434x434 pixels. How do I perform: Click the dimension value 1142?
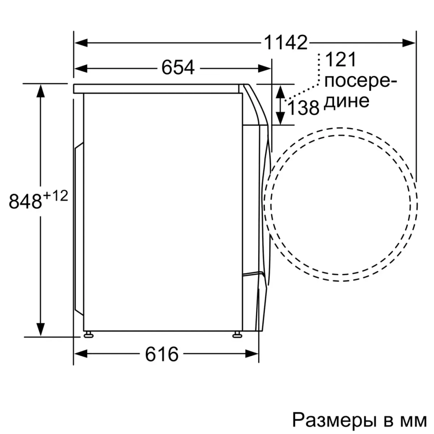[x=285, y=43]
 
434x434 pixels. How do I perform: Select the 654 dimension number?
[x=178, y=68]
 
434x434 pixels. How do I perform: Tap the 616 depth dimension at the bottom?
[x=161, y=354]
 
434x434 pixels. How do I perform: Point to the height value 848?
[x=25, y=202]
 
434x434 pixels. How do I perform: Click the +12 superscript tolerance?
[x=56, y=196]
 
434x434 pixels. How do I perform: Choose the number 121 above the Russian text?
[x=340, y=59]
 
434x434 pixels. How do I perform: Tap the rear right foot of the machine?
[x=237, y=334]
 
